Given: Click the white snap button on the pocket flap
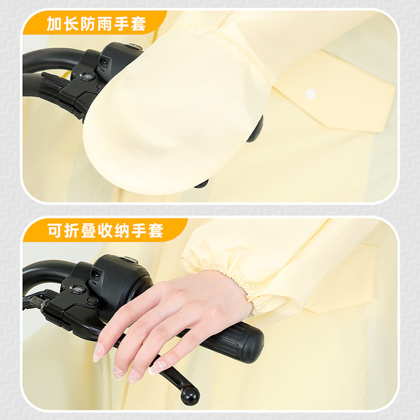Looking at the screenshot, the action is click(310, 93).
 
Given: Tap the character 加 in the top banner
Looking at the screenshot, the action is click(54, 24).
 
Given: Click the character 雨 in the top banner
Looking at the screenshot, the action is click(105, 24).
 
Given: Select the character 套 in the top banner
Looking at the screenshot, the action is click(138, 24).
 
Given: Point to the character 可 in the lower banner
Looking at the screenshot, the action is click(55, 230).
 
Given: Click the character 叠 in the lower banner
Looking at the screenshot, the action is click(89, 230).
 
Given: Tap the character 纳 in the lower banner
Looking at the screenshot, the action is click(122, 230).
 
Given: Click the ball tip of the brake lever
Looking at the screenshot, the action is click(190, 396).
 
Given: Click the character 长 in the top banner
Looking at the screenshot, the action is click(72, 24).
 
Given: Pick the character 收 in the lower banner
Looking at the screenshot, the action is click(106, 230).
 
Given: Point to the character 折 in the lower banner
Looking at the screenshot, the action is click(72, 230).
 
